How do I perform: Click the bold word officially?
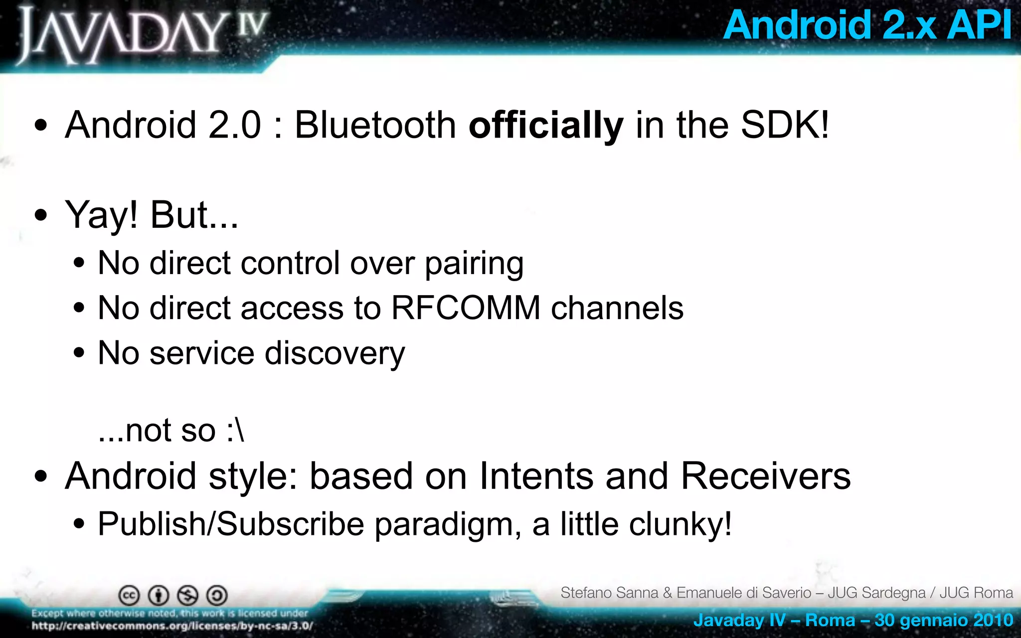click(x=545, y=125)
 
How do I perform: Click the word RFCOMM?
click(x=466, y=308)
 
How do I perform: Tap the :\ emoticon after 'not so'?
click(x=235, y=430)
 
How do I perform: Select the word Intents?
click(x=536, y=476)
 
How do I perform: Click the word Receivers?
click(x=765, y=476)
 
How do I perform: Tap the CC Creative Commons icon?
click(x=129, y=595)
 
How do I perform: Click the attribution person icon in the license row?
click(x=159, y=595)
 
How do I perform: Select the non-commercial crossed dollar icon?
click(x=188, y=595)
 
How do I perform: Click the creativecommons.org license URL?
click(x=172, y=626)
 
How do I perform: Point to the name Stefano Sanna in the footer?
click(x=609, y=593)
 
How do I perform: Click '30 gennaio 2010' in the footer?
click(x=943, y=620)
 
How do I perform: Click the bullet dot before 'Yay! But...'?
click(x=41, y=215)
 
